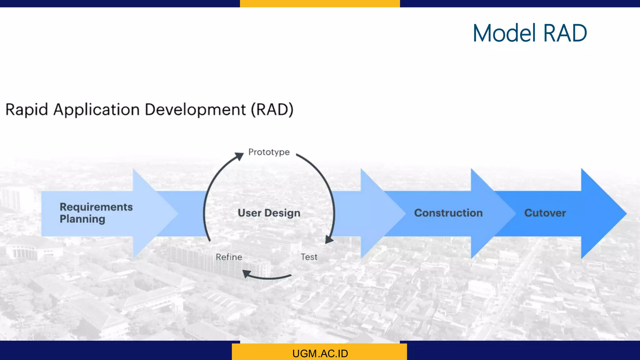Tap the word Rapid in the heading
(27, 110)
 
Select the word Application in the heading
(96, 110)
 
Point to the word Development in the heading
(195, 110)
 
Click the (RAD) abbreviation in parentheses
(272, 110)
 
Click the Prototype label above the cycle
(269, 152)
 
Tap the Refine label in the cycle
(229, 257)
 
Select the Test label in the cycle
(309, 257)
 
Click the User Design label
(269, 213)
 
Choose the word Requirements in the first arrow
(96, 207)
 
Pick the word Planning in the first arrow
(82, 219)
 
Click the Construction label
(448, 213)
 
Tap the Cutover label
(545, 213)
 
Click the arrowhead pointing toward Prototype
(240, 156)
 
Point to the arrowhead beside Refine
(247, 274)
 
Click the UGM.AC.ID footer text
(320, 353)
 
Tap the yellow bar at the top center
(320, 3)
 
